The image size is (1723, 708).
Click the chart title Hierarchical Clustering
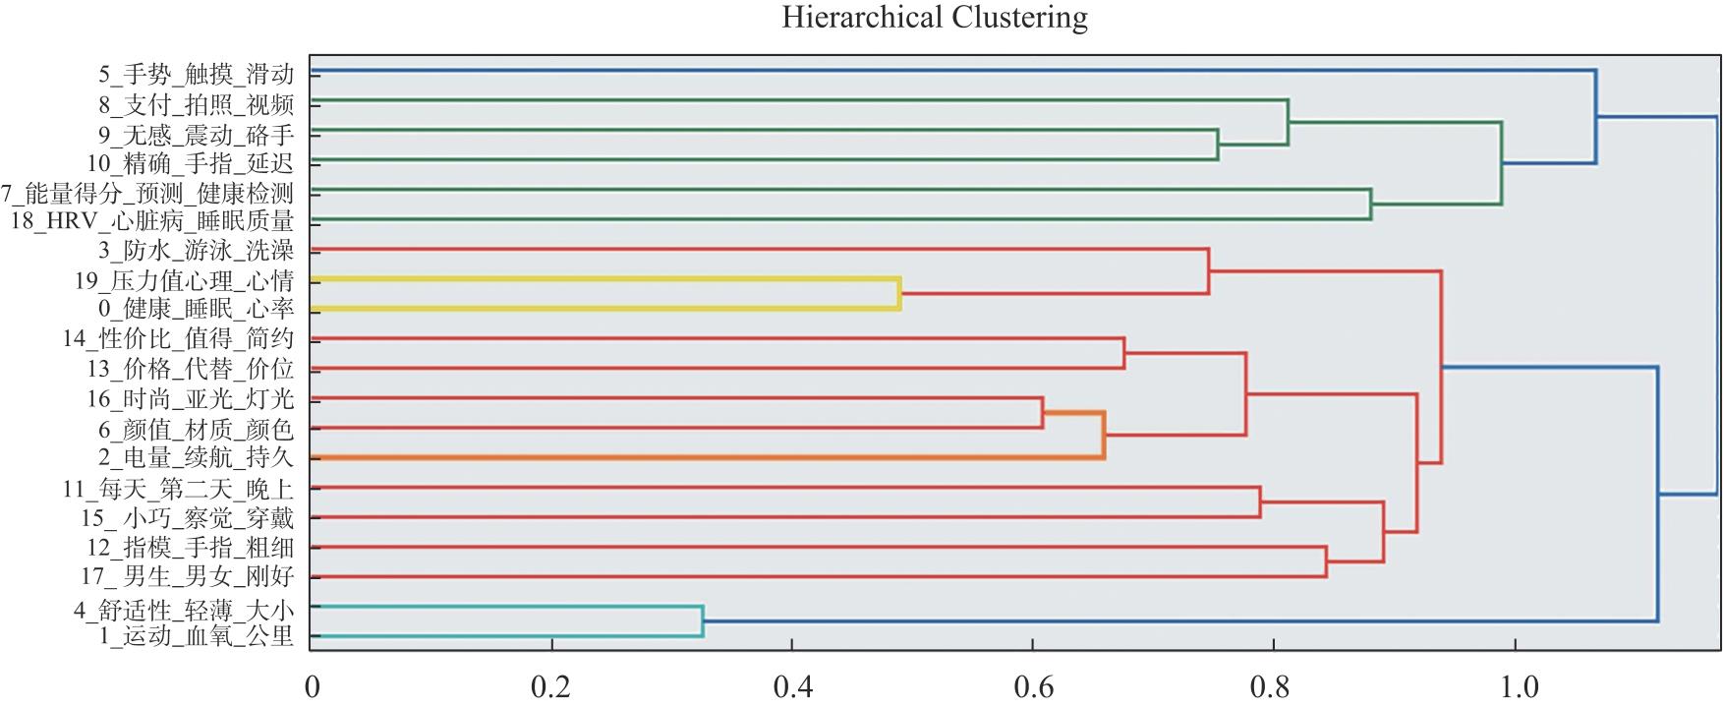pos(935,18)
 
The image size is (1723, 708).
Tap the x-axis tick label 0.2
pos(550,686)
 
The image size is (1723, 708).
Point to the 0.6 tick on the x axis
pos(1033,686)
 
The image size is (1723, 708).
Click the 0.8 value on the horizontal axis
pos(1274,686)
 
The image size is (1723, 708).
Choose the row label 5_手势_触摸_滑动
pos(196,74)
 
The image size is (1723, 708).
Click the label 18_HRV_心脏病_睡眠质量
pos(152,221)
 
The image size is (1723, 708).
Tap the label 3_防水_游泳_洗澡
pos(196,251)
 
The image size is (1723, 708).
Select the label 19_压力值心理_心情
pos(184,281)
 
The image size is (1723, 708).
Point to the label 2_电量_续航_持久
pos(196,458)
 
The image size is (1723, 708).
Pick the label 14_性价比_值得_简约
pos(178,339)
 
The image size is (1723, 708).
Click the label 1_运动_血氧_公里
pos(196,636)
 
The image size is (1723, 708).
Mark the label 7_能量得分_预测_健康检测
pos(147,193)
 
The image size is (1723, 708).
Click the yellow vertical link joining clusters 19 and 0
pos(899,294)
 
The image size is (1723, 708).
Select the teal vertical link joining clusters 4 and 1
pos(703,621)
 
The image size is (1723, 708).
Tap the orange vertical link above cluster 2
pos(1104,436)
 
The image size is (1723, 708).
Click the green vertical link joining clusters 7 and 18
pos(1370,205)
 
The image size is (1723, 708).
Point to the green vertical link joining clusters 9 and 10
pos(1218,145)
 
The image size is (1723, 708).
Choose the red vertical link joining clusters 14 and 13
pos(1123,354)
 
